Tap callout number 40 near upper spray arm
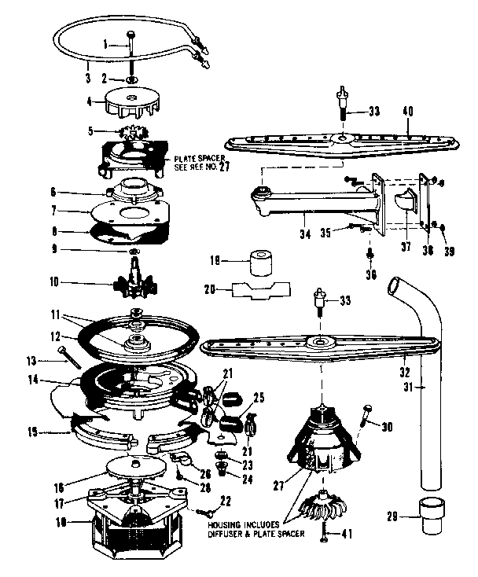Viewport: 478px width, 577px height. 408,112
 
